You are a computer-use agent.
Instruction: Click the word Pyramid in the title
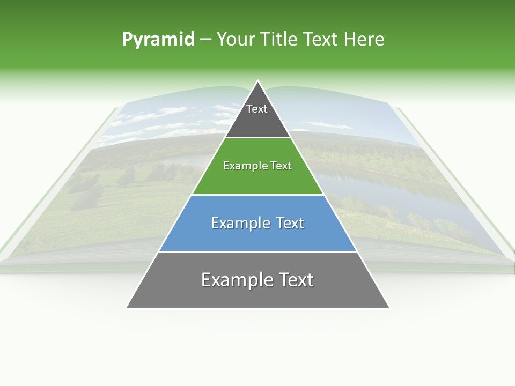click(x=158, y=40)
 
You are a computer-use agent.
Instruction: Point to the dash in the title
click(x=205, y=40)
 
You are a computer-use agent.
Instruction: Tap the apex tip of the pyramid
click(x=257, y=82)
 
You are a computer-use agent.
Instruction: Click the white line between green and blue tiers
click(x=257, y=195)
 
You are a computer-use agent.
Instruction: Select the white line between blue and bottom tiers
click(x=257, y=251)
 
